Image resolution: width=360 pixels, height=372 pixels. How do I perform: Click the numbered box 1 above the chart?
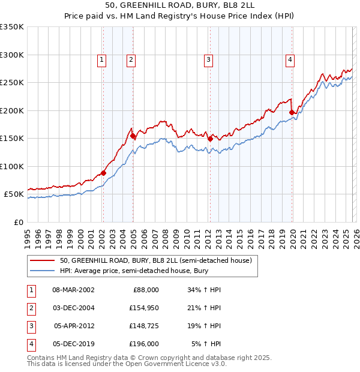(102, 59)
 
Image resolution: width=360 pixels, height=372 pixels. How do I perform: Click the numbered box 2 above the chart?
(131, 59)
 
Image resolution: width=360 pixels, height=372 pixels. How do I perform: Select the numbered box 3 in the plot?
(208, 59)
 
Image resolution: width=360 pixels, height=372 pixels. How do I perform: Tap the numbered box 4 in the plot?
(290, 59)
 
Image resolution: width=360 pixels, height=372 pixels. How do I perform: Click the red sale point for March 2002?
(103, 173)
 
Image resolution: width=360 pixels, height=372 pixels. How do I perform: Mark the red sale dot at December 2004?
(133, 136)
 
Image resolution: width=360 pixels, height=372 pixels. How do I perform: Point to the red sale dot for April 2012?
(210, 139)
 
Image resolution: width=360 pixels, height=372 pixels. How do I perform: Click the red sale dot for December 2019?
(292, 112)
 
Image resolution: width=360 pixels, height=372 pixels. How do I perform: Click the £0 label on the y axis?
(19, 222)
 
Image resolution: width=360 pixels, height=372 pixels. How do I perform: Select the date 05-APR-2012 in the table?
(74, 326)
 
